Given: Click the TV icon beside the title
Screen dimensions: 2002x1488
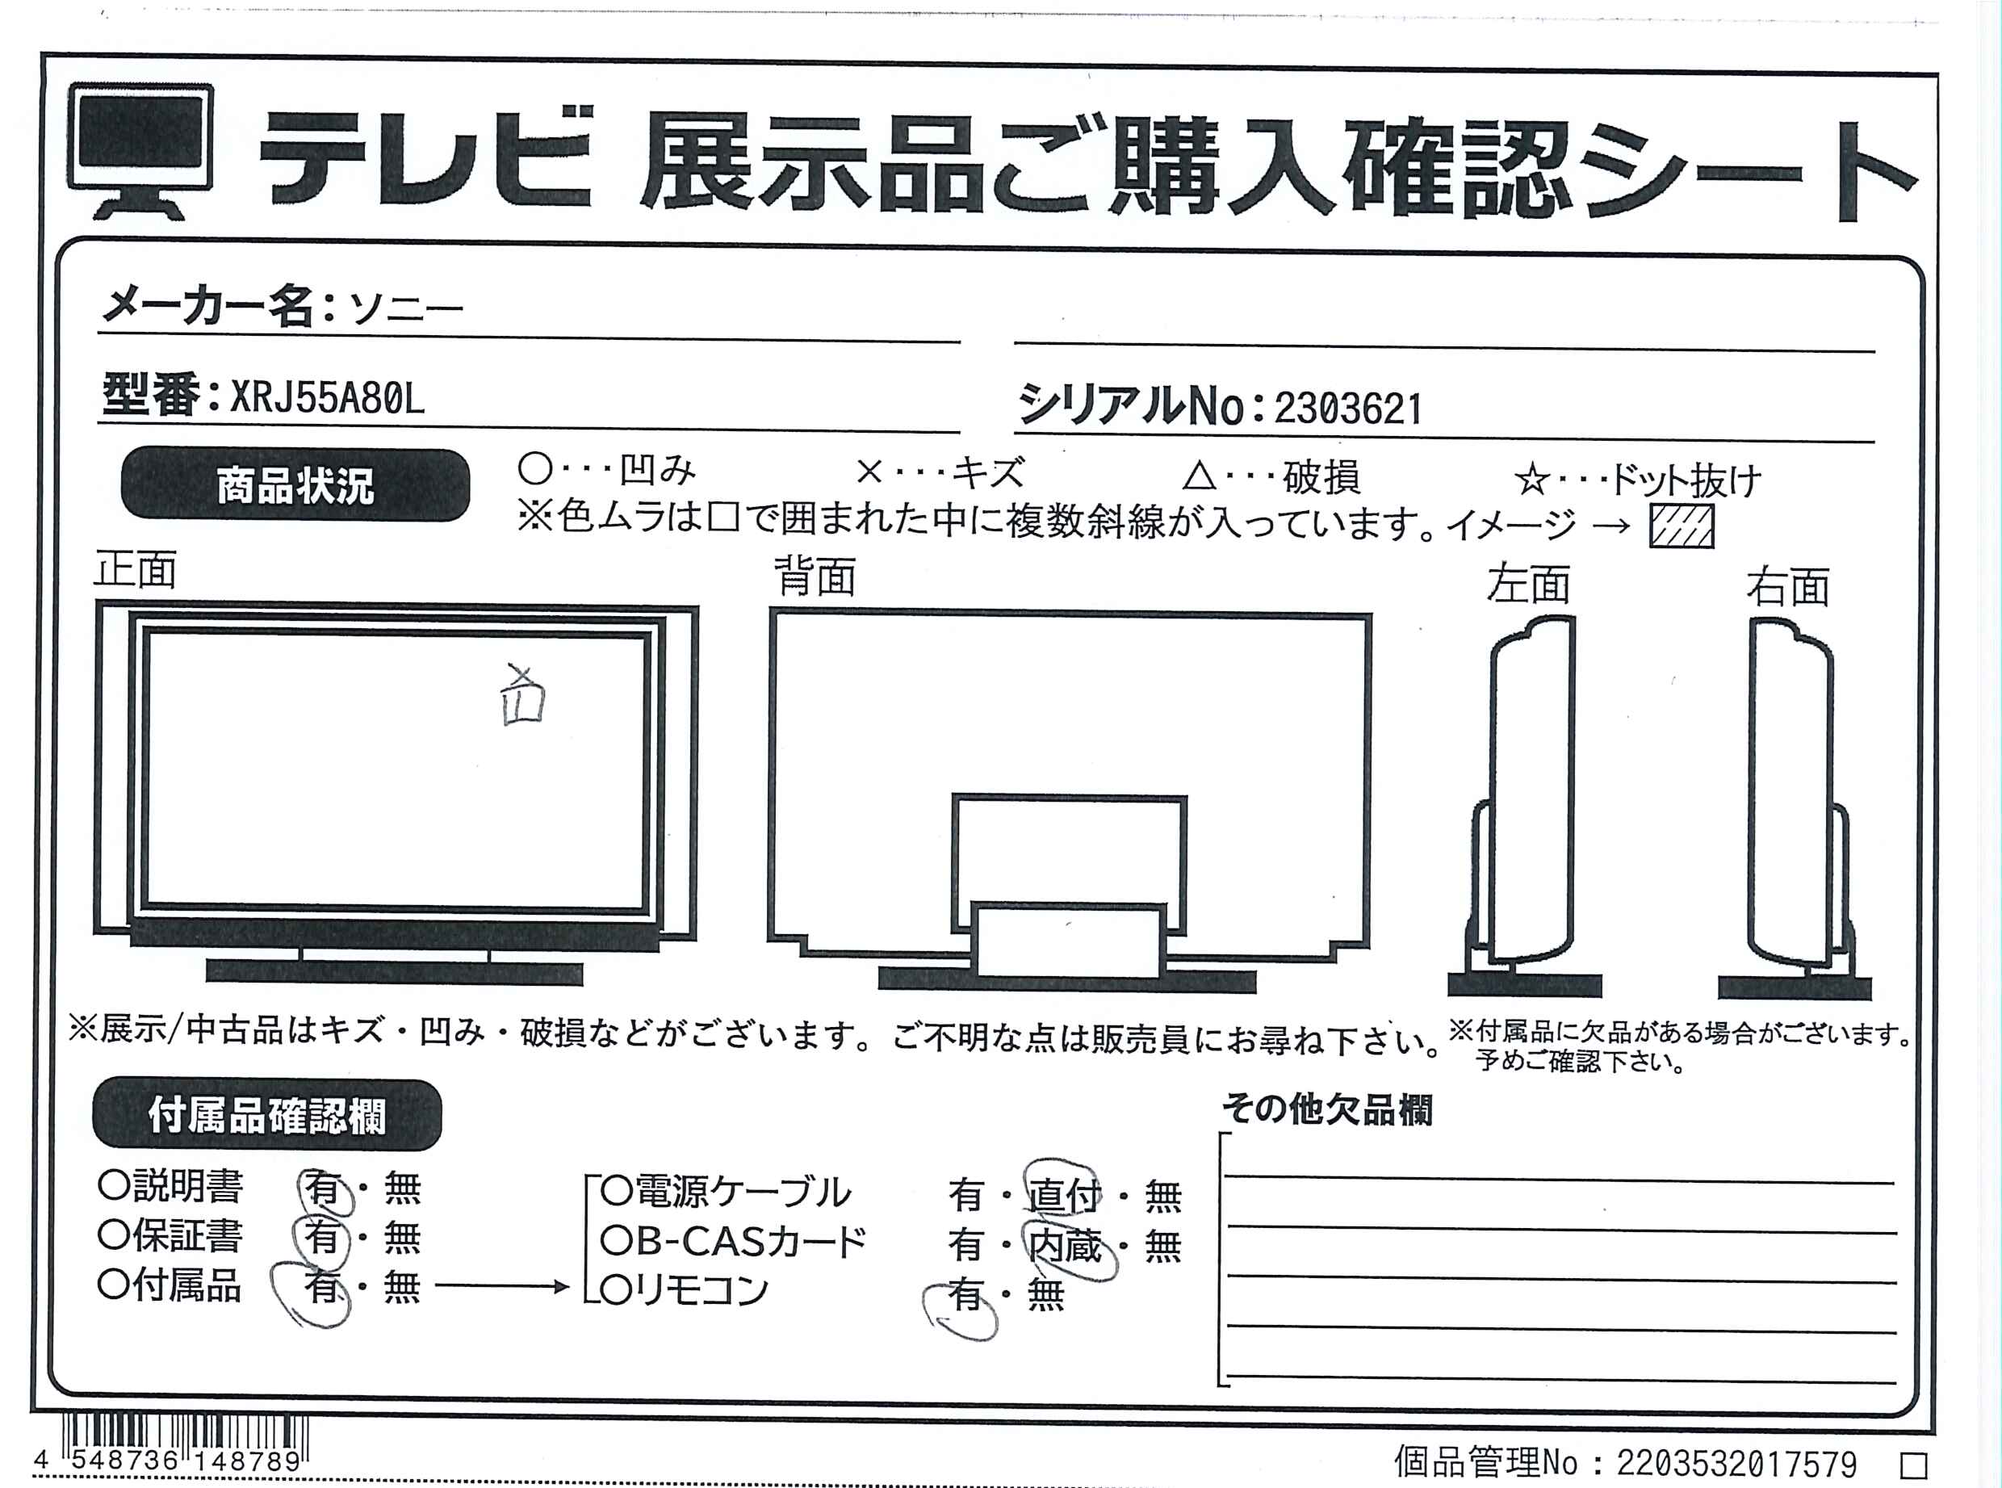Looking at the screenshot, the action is [x=140, y=150].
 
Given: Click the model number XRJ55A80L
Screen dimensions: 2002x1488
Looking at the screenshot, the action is [x=327, y=397].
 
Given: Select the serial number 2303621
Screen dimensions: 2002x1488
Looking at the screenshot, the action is [x=1348, y=409].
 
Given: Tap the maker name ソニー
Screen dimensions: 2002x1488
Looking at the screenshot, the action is [x=405, y=309].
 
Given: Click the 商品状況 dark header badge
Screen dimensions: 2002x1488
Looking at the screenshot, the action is [x=295, y=484].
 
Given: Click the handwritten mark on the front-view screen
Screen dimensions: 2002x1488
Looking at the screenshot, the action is [x=523, y=695].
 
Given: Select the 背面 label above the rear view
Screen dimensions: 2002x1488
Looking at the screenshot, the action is [x=815, y=576].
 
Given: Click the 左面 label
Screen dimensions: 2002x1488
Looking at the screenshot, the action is [x=1528, y=585].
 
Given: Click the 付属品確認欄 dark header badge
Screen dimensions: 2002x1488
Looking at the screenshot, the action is [x=266, y=1115].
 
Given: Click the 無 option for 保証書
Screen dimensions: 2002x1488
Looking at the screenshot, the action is [x=402, y=1238].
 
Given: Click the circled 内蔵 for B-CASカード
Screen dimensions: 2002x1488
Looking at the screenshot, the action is [x=1068, y=1247].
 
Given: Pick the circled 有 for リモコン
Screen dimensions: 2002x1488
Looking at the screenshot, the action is [x=961, y=1306].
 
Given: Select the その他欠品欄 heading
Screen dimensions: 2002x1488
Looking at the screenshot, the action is [x=1327, y=1109].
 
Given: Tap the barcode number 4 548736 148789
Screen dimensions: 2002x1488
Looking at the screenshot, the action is [x=168, y=1460].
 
